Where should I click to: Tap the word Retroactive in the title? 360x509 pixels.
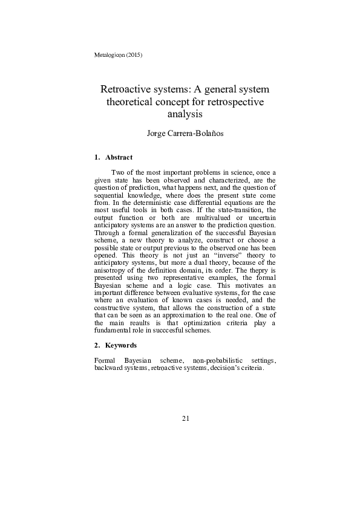tap(130, 89)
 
